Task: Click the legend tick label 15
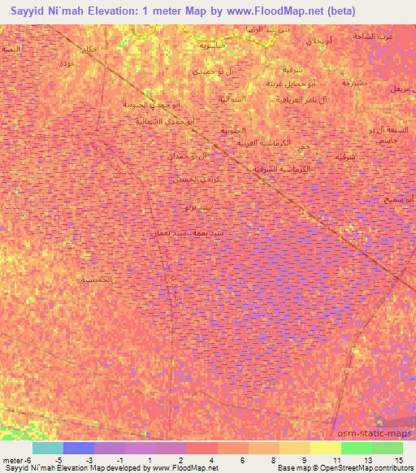click(x=398, y=460)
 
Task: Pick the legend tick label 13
click(x=367, y=460)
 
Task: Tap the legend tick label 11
click(x=336, y=460)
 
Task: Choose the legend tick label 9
click(x=305, y=460)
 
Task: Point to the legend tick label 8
click(x=274, y=460)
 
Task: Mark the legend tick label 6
click(x=243, y=460)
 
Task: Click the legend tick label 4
click(x=212, y=460)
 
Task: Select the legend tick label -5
click(x=56, y=460)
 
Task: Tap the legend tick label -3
click(x=87, y=460)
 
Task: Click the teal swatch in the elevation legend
click(x=48, y=448)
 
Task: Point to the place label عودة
click(x=69, y=63)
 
